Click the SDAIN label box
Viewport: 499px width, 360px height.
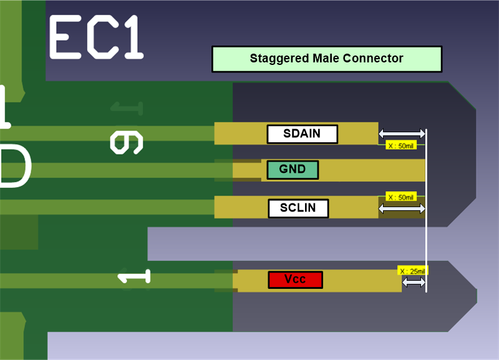(x=303, y=134)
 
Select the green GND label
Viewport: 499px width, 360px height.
(x=293, y=170)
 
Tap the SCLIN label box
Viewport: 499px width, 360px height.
(x=298, y=208)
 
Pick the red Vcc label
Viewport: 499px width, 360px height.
(x=295, y=280)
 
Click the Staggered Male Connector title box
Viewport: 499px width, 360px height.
(x=327, y=59)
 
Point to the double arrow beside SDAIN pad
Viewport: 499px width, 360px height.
(x=402, y=134)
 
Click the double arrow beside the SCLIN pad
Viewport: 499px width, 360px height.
(x=402, y=209)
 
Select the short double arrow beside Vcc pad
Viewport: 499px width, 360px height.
(x=414, y=283)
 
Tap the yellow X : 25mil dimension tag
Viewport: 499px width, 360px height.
(x=412, y=271)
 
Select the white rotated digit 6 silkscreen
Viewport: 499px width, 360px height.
(x=127, y=142)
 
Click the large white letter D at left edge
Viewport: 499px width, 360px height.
(x=14, y=165)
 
